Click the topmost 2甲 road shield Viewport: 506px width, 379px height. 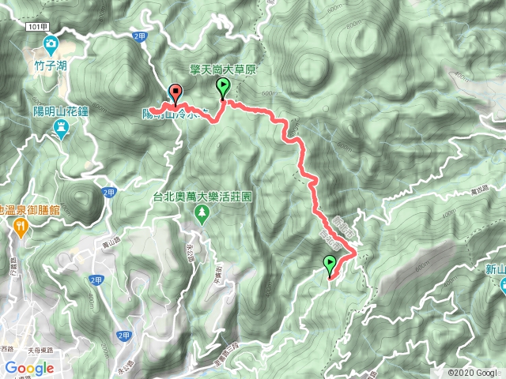point(140,36)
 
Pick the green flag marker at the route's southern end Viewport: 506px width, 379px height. point(329,265)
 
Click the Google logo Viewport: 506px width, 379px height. point(28,368)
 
